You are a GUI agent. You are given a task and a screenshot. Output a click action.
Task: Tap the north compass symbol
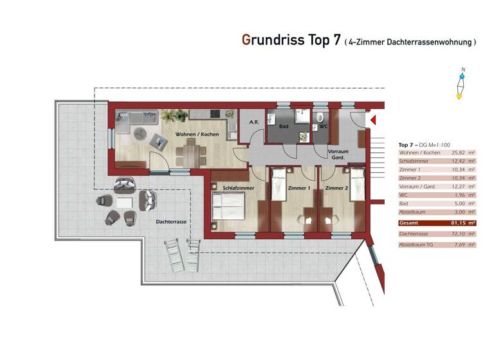[460, 85]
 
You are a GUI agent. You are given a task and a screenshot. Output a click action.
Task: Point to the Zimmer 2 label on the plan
[336, 188]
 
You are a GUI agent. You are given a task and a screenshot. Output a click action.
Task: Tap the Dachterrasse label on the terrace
[171, 222]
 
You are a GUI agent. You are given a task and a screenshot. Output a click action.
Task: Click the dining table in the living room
[190, 154]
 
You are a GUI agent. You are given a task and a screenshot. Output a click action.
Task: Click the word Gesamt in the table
[408, 222]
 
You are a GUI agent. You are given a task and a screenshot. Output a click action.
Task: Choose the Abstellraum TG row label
[414, 245]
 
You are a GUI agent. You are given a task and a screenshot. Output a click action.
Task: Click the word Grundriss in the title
[277, 40]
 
